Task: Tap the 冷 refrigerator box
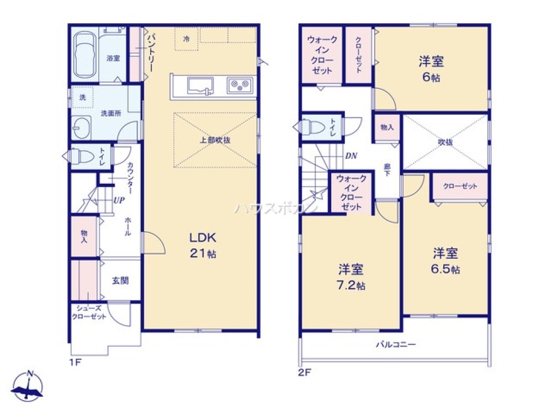coord(187,39)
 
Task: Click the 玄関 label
coord(121,280)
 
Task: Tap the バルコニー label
coord(395,344)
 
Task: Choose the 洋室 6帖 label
coord(432,68)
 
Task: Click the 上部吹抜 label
coord(215,140)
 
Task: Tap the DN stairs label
coord(351,156)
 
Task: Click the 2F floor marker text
coord(305,372)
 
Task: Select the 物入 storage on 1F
coord(84,236)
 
